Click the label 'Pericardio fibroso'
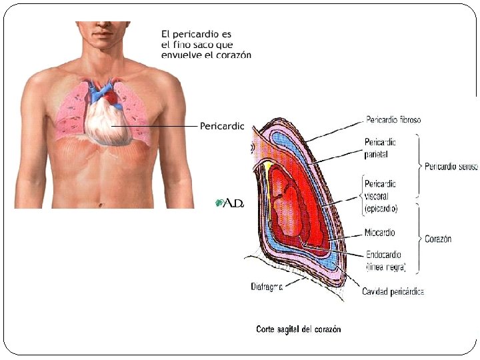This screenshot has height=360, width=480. [x=393, y=120]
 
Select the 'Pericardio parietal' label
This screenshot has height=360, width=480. [x=381, y=147]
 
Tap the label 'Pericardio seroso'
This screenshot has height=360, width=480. [x=451, y=167]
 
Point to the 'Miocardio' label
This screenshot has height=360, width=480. [x=379, y=233]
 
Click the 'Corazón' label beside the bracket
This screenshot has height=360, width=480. [x=438, y=239]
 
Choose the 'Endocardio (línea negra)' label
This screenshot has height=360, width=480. [x=385, y=261]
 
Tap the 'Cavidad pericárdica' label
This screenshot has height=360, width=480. [x=393, y=291]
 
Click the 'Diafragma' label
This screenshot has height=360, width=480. [x=267, y=287]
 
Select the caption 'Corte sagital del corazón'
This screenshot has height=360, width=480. [x=298, y=329]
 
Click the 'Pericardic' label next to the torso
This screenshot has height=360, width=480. [x=223, y=125]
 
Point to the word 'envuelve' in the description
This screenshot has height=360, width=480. [x=181, y=55]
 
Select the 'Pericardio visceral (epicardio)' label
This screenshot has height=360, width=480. [x=381, y=195]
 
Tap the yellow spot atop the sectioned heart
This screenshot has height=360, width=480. [x=268, y=164]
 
